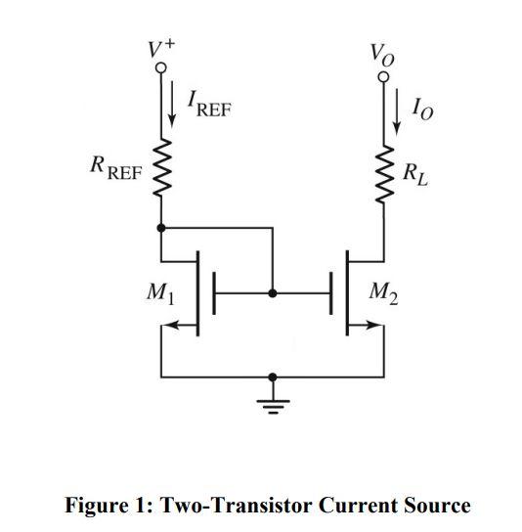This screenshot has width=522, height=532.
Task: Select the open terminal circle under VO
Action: click(x=384, y=74)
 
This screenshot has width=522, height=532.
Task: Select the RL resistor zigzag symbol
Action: click(x=384, y=174)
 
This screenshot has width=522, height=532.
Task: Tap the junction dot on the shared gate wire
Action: click(x=273, y=292)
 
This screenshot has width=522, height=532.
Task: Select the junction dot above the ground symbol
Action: click(x=273, y=376)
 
